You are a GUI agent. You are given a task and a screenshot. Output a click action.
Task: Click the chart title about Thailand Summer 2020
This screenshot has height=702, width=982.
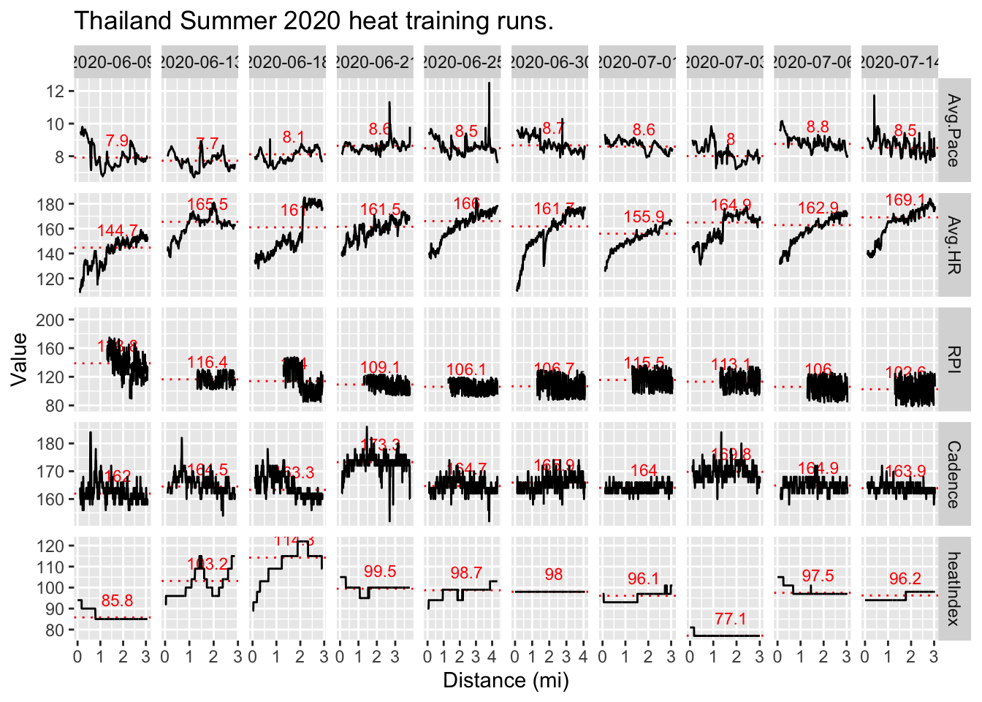coord(314,20)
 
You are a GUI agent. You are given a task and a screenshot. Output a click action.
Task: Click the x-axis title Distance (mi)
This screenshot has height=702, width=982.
coord(506,680)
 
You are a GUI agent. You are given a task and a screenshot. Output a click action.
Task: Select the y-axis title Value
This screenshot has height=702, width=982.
coord(20,358)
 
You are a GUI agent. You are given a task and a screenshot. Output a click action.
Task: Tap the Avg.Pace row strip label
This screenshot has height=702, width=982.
coord(954,130)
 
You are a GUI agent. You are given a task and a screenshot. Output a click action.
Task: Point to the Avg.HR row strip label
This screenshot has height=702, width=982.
coord(954,245)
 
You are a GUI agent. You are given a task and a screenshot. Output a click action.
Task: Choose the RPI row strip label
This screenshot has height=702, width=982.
coord(954,359)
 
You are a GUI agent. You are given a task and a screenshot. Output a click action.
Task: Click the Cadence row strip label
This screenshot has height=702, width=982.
coord(954,474)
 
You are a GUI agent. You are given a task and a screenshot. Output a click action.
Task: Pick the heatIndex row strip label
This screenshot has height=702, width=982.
coord(954,589)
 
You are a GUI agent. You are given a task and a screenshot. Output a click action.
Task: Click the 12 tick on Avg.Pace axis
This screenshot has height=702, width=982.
coord(55,91)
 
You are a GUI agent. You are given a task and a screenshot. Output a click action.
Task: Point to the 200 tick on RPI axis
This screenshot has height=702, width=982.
coord(51,320)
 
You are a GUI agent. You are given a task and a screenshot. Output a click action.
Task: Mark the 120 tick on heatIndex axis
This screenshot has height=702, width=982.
coord(51,546)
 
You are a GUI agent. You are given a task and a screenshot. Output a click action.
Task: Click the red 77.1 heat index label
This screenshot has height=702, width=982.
coord(730,619)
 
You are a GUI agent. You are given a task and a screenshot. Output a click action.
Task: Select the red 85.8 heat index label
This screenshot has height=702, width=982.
coord(117,601)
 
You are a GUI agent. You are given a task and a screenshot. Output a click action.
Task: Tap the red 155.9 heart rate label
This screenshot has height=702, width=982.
coord(644,217)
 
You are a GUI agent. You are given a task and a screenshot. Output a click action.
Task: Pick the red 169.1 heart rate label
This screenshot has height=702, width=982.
coord(905,200)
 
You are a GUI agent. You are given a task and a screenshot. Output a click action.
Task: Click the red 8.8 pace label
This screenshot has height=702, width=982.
coord(818,127)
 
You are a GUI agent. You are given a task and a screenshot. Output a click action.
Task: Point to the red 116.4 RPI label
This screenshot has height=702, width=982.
coord(207,362)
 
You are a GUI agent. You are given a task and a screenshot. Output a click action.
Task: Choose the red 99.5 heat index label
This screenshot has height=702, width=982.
coord(380,572)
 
